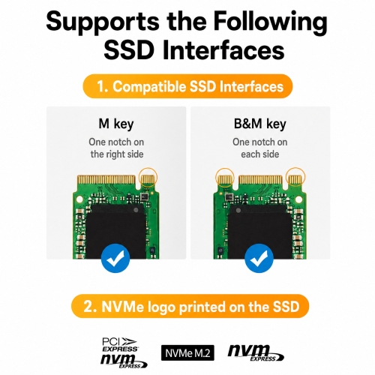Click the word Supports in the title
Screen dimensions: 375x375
103,22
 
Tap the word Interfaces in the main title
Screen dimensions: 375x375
223,49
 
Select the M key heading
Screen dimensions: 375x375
116,124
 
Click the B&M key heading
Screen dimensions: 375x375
259,124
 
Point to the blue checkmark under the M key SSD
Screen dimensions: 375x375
115,258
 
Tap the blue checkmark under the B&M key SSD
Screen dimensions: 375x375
259,258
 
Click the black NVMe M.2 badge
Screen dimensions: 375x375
187,352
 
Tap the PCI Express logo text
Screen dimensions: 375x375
120,345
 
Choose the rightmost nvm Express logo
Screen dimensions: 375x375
256,352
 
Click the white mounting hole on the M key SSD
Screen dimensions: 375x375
79,199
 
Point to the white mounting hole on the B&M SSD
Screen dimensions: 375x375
298,199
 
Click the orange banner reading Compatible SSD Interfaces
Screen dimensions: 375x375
187,86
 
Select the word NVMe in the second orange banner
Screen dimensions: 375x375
122,307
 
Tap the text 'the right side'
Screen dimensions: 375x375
117,154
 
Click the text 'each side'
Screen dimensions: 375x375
260,154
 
